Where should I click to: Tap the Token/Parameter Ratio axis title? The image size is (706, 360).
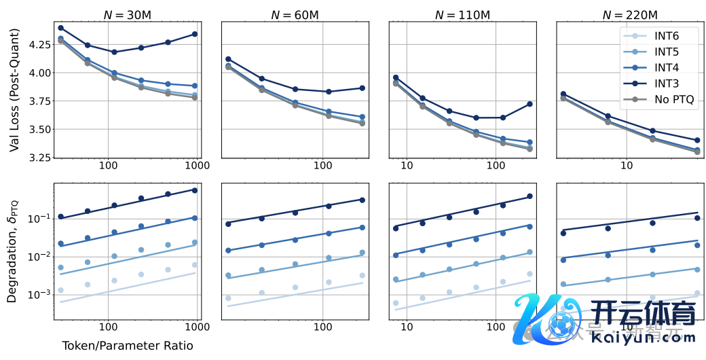pos(128,346)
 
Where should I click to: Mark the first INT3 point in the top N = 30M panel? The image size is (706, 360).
pos(60,28)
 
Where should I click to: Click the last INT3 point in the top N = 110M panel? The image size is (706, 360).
pos(529,104)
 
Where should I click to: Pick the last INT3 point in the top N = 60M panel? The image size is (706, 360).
pos(363,88)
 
